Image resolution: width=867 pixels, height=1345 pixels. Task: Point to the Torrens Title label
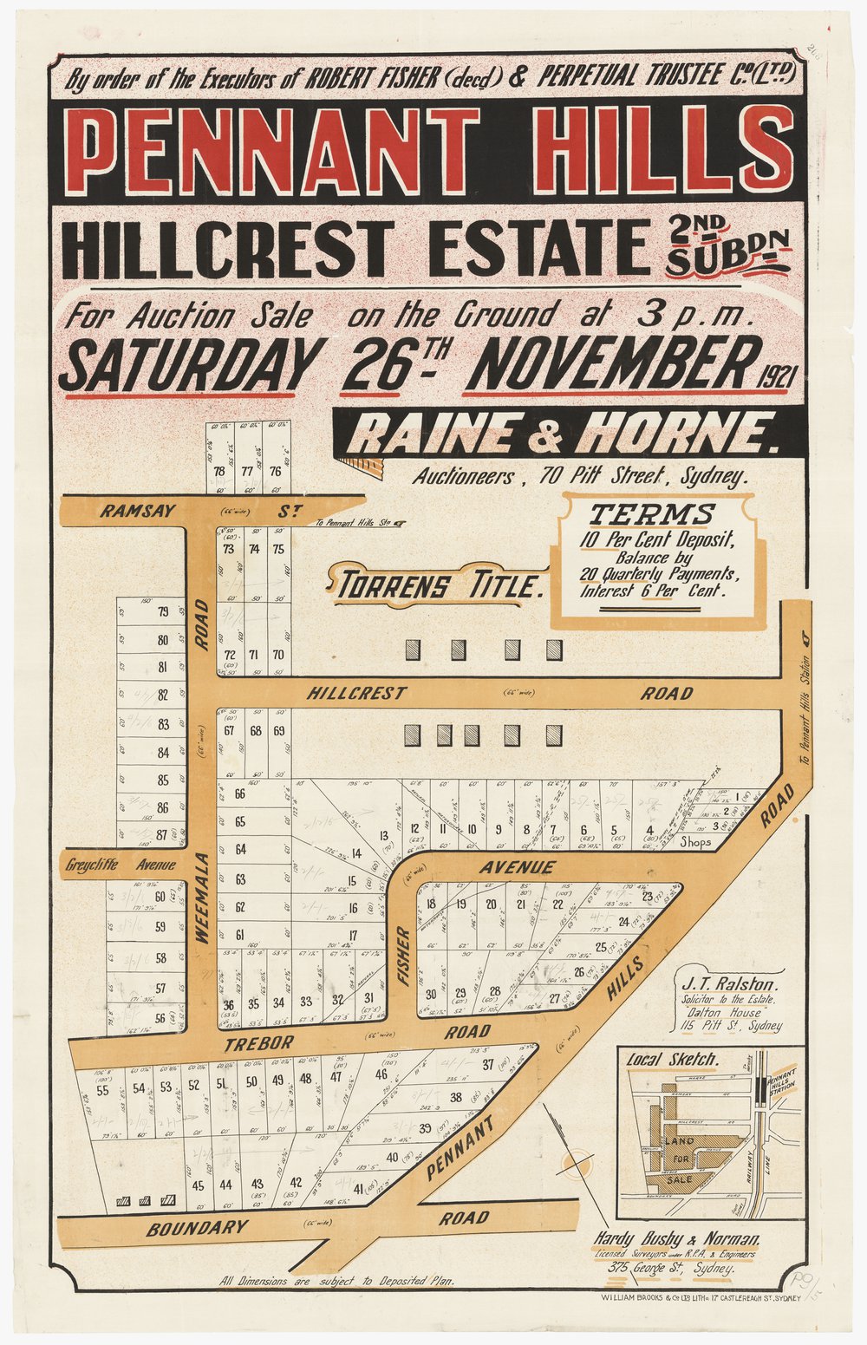[439, 586]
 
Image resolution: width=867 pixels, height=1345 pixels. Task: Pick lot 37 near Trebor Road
[487, 1064]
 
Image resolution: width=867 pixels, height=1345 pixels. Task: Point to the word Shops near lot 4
[695, 841]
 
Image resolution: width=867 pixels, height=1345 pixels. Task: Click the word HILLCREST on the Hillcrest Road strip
[356, 693]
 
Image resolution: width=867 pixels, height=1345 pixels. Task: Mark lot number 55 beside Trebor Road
[103, 1090]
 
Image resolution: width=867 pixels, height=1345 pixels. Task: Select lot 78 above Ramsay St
[218, 472]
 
